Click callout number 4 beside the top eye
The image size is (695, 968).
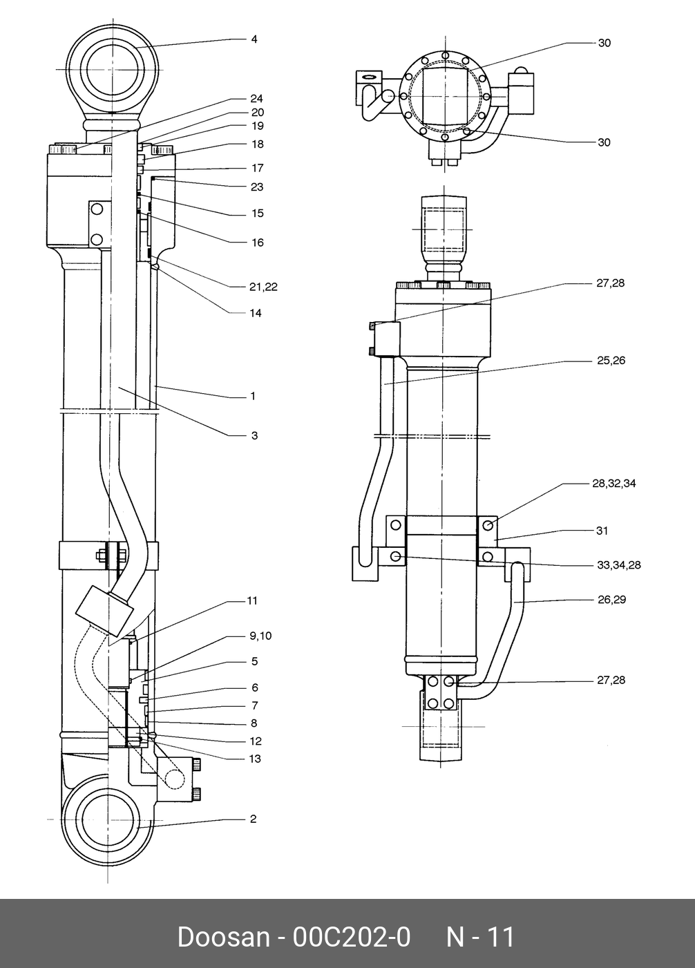pyautogui.click(x=254, y=39)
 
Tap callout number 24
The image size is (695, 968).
pyautogui.click(x=257, y=99)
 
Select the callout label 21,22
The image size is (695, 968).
pyautogui.click(x=264, y=287)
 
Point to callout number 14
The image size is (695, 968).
pyautogui.click(x=256, y=313)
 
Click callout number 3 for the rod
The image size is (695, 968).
pyautogui.click(x=254, y=435)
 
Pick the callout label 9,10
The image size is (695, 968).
pyautogui.click(x=260, y=636)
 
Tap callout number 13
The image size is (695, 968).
pyautogui.click(x=256, y=759)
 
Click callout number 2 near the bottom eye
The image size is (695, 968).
pyautogui.click(x=254, y=819)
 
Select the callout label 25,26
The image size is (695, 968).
pyautogui.click(x=611, y=361)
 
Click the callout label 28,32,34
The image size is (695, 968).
pyautogui.click(x=614, y=483)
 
